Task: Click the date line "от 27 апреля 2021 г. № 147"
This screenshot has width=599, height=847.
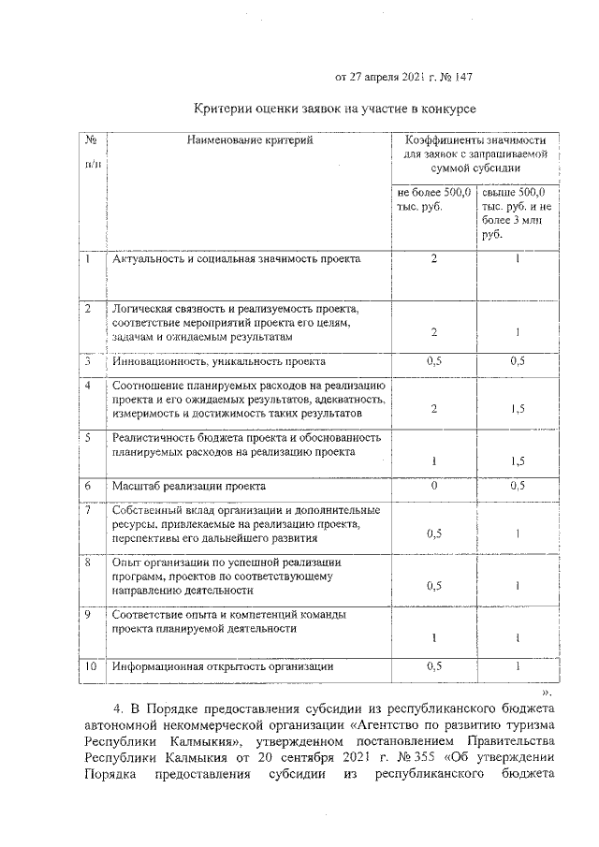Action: (409, 76)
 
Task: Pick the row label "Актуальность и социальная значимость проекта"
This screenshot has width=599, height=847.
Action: (235, 258)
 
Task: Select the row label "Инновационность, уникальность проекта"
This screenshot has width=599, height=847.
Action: (218, 360)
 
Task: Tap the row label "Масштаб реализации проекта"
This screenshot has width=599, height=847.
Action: (188, 487)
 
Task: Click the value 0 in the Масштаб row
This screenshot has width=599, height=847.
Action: (434, 487)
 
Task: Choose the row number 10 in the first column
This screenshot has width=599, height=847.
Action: (91, 667)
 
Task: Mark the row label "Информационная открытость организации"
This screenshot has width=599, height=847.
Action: (223, 667)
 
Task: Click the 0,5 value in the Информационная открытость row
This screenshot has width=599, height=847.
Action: (434, 667)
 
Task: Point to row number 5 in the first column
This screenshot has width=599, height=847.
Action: (88, 437)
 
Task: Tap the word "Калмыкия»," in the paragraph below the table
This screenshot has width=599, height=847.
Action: (208, 742)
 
